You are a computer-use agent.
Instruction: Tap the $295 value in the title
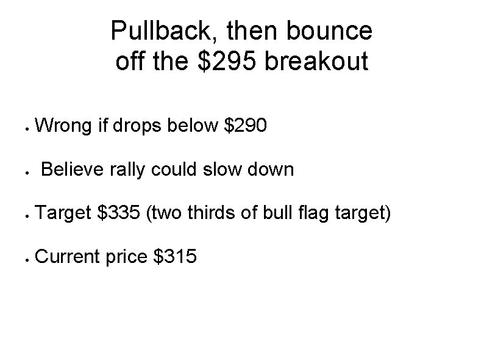[227, 62]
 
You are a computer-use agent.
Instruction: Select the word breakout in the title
[318, 62]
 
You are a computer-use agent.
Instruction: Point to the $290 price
[246, 126]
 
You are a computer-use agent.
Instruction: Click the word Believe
[74, 169]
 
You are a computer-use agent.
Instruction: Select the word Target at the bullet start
[65, 213]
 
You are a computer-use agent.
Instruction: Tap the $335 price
[120, 213]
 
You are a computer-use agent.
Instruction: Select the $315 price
[176, 256]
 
